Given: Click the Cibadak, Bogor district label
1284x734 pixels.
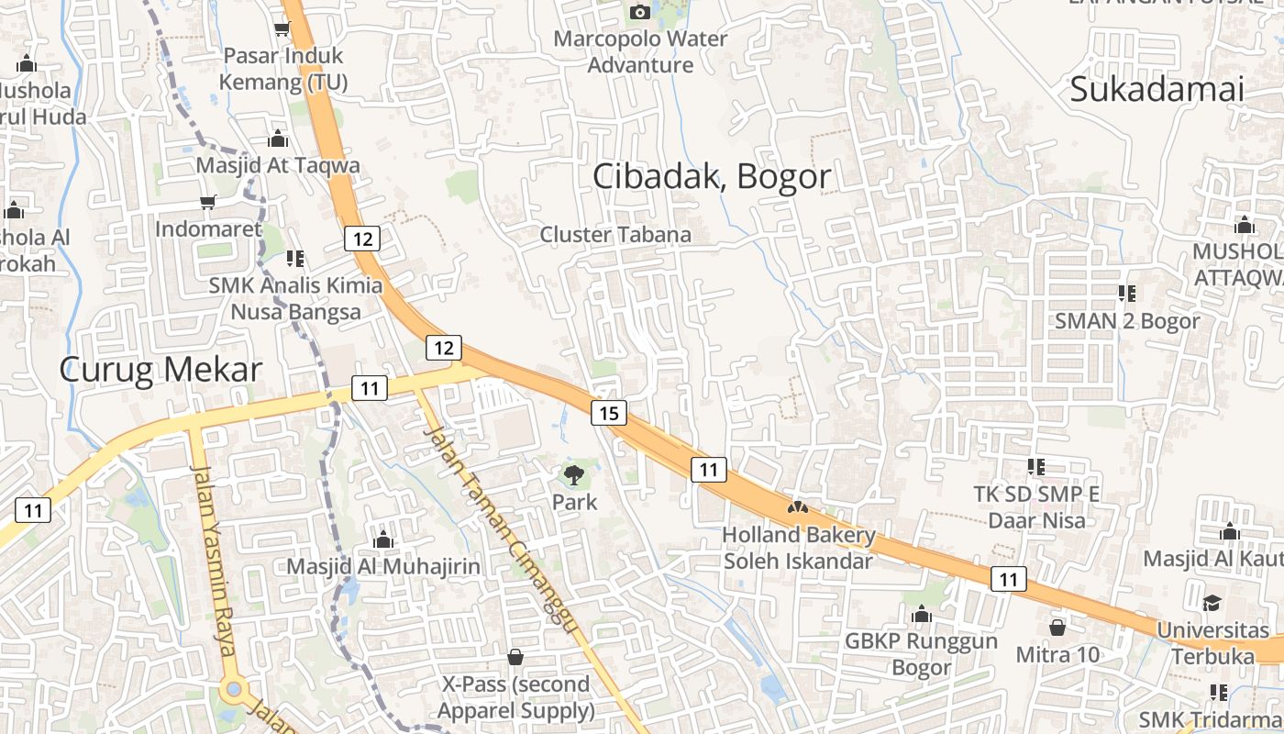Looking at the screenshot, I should click(x=712, y=176).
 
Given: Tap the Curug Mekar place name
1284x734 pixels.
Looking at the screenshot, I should click(x=160, y=370).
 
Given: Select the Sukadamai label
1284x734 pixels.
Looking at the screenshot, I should click(x=1157, y=90).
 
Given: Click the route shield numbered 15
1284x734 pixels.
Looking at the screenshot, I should click(x=609, y=413).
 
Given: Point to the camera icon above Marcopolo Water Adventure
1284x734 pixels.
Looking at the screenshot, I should click(x=639, y=12).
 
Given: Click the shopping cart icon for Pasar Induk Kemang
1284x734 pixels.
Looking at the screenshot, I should click(x=282, y=28).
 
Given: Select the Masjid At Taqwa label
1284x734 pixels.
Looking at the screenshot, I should click(x=278, y=166).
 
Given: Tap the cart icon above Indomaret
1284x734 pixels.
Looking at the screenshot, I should click(x=208, y=202).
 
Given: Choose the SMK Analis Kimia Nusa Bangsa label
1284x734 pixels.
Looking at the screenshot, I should click(x=295, y=298).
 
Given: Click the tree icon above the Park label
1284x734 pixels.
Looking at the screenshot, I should click(x=574, y=474).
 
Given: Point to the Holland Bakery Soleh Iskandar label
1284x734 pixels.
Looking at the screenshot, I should click(x=799, y=547).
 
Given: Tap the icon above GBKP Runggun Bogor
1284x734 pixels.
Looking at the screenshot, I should click(x=922, y=614).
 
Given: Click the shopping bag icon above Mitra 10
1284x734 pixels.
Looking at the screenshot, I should click(x=1057, y=628).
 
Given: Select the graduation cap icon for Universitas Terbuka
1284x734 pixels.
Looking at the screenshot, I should click(x=1212, y=603).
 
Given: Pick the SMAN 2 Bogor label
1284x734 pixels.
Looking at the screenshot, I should click(x=1127, y=321).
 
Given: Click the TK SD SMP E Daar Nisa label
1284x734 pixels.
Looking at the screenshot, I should click(x=1036, y=507).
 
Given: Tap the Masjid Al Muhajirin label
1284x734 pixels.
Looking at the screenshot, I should click(x=383, y=566).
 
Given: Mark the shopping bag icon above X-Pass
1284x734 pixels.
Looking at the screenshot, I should click(x=515, y=657).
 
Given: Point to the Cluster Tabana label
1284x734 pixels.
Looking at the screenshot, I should click(x=615, y=234).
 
